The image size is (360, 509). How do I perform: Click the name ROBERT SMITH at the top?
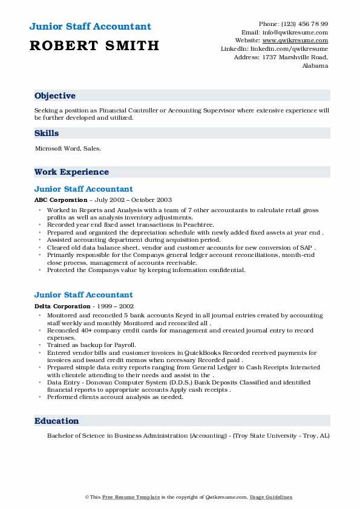94,45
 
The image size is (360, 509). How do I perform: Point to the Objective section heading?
55,96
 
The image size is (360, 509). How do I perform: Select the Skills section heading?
47,134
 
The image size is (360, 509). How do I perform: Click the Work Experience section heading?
71,172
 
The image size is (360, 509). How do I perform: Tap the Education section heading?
56,421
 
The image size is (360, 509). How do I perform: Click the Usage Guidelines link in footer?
270,497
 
